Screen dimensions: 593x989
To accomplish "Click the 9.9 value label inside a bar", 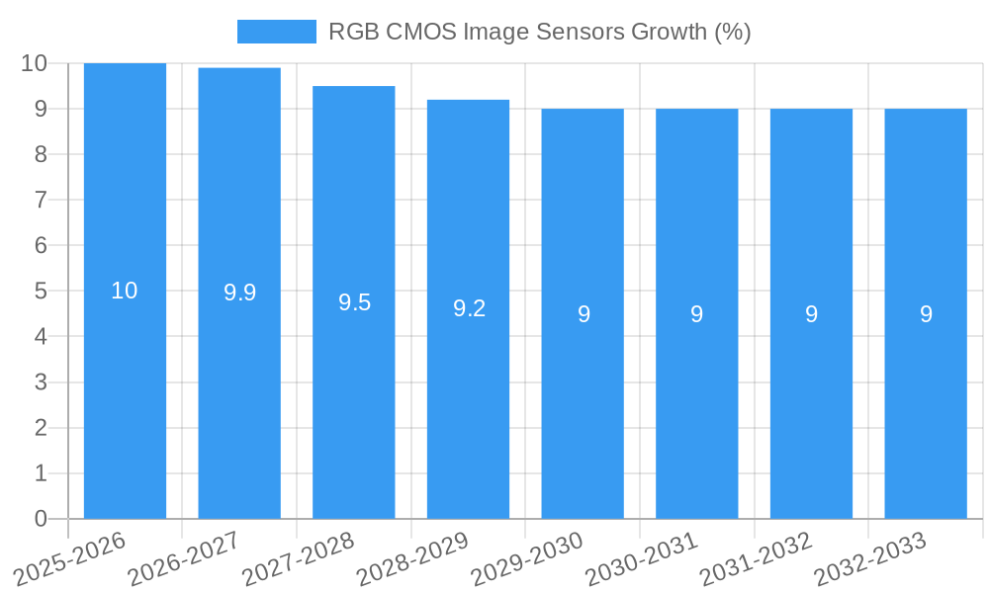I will pyautogui.click(x=239, y=293).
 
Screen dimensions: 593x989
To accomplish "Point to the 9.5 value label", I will pyautogui.click(x=354, y=302).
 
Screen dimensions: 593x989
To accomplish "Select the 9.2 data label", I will pyautogui.click(x=469, y=308).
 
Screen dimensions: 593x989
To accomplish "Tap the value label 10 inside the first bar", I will pyautogui.click(x=125, y=291).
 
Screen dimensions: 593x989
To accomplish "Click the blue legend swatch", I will pyautogui.click(x=276, y=32).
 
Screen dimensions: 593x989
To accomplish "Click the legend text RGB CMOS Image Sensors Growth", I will pyautogui.click(x=539, y=32).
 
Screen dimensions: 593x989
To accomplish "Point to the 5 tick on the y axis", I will pyautogui.click(x=41, y=292).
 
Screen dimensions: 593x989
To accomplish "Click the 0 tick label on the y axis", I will pyautogui.click(x=41, y=519).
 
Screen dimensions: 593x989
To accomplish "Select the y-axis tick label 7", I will pyautogui.click(x=41, y=200).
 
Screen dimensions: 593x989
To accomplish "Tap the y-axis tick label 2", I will pyautogui.click(x=41, y=428).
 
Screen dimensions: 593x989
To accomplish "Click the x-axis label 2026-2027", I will pyautogui.click(x=183, y=557).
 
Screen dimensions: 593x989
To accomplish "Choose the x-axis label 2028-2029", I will pyautogui.click(x=411, y=557).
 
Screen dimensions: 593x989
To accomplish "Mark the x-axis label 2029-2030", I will pyautogui.click(x=526, y=557).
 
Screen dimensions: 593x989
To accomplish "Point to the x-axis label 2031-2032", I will pyautogui.click(x=756, y=557).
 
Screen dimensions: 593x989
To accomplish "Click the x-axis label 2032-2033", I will pyautogui.click(x=869, y=557).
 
